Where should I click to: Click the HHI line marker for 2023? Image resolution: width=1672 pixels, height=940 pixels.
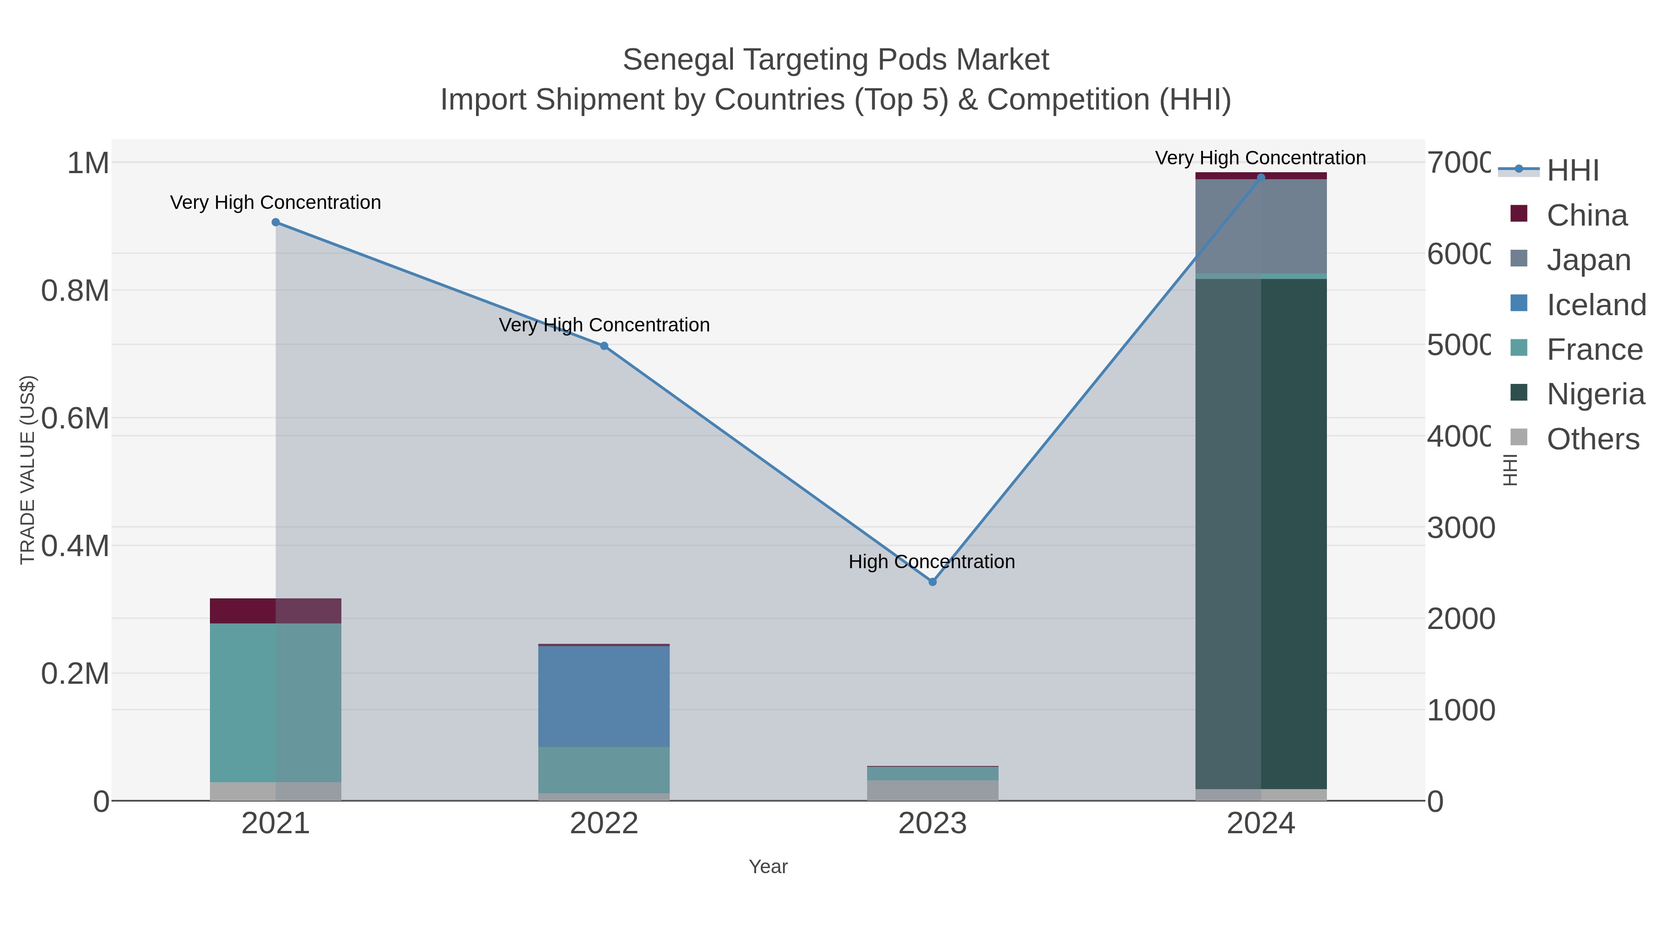click(x=932, y=582)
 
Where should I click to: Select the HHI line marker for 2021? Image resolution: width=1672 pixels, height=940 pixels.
click(x=275, y=222)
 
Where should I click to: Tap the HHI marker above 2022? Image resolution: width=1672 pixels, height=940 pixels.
click(x=604, y=346)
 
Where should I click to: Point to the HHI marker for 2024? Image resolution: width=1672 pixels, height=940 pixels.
click(x=1261, y=177)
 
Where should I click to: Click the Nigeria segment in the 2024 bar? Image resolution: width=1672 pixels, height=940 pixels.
click(x=1261, y=532)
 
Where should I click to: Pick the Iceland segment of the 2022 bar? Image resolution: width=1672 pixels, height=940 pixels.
click(x=604, y=696)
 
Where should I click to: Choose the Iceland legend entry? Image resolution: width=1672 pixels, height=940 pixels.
click(x=1595, y=304)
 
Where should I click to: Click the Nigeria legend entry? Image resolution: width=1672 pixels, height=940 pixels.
click(x=1595, y=394)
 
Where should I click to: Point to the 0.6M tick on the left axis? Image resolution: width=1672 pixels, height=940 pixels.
click(x=75, y=418)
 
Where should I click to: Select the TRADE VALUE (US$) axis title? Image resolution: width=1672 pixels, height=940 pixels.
click(x=28, y=470)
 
